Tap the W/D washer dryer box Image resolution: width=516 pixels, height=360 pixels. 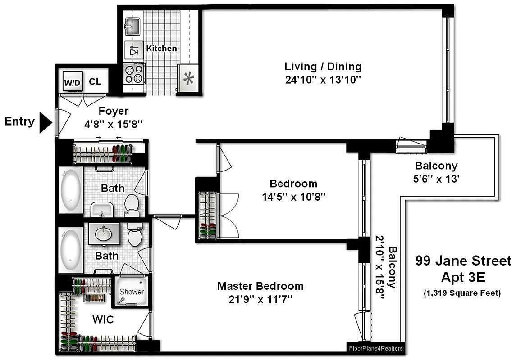coord(72,82)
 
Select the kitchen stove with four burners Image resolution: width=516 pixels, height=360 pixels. coord(134,74)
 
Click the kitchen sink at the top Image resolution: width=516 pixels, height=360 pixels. coord(133,26)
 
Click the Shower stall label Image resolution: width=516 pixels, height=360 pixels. coord(132,292)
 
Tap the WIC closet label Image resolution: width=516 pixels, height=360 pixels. coord(103,320)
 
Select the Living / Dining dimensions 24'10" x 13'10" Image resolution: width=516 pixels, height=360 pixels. coord(323,80)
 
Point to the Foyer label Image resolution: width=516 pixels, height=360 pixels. coord(114,111)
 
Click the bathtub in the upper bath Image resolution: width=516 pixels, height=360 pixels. coord(71,190)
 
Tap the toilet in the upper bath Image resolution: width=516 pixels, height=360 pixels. coord(132,203)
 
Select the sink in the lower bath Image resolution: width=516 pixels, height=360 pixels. coord(104,234)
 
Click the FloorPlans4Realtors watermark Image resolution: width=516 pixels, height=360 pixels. coord(376,348)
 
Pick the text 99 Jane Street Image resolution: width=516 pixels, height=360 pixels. coord(463,261)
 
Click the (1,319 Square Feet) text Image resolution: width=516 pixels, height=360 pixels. coord(462,293)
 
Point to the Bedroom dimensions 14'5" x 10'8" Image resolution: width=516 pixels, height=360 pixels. coord(293,197)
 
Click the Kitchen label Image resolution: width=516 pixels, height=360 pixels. coord(162,48)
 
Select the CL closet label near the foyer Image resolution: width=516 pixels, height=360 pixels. coord(95,82)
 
